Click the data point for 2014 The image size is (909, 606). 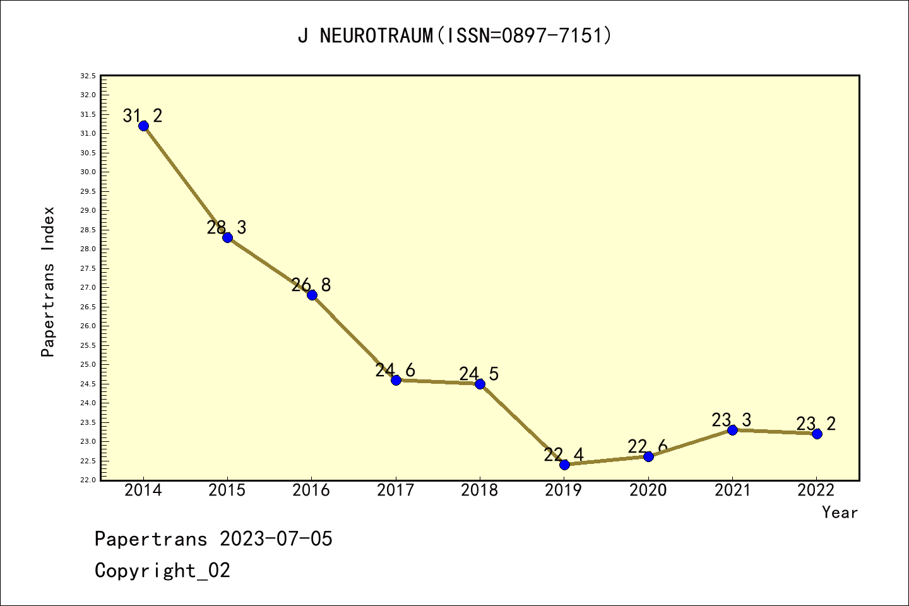coord(143,126)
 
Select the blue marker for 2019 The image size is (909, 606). coord(564,465)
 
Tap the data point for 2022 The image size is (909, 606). coord(817,434)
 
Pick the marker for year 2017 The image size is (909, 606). coord(396,380)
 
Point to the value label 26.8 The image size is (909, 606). coord(311,285)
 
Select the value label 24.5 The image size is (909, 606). coord(479,374)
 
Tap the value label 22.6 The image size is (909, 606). coord(648,447)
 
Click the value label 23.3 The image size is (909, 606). coord(732,420)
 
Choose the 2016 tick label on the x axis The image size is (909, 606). coord(311,490)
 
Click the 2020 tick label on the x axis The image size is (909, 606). coord(648,490)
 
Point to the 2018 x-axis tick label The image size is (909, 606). coord(480,490)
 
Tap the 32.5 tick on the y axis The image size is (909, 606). coord(88,76)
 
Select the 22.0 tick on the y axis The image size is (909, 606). coord(88,480)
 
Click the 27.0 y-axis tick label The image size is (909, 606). coord(88,287)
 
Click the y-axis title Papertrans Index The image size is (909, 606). coord(49,282)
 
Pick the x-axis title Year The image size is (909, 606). coord(840,513)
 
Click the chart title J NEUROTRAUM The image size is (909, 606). coord(454,36)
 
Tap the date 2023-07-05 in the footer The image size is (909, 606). coord(276,539)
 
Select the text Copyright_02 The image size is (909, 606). coord(162,571)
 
